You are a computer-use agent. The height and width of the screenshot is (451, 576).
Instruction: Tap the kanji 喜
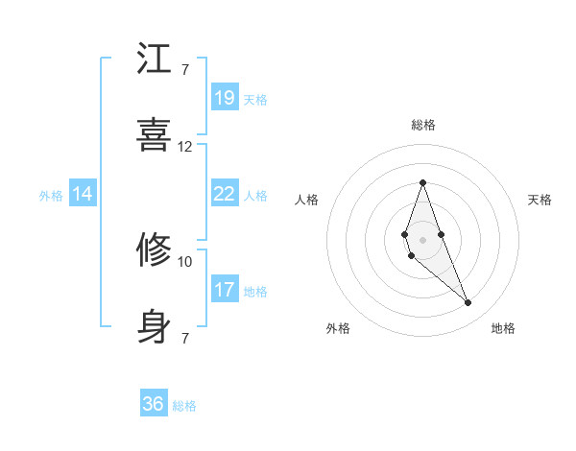click(155, 135)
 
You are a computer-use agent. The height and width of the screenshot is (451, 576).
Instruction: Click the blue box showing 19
click(224, 98)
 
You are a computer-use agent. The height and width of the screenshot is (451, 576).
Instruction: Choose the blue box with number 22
click(224, 194)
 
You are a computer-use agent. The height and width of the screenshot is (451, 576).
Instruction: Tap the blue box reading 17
click(224, 289)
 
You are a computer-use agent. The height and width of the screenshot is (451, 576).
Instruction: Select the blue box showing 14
click(83, 194)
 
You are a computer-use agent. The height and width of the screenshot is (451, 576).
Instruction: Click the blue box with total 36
click(154, 404)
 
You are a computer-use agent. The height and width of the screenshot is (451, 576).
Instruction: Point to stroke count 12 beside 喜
click(185, 147)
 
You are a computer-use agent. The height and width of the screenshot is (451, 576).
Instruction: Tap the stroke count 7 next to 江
click(184, 70)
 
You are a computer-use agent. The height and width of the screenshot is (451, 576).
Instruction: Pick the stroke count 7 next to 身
click(184, 338)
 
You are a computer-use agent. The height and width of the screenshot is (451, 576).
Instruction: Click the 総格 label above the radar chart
click(423, 125)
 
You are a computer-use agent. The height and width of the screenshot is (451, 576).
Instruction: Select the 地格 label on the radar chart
click(503, 328)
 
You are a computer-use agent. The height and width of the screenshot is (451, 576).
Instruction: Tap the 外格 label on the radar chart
click(338, 328)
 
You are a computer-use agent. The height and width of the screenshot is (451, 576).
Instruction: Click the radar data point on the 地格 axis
click(468, 303)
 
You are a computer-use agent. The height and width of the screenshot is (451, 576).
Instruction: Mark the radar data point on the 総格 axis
click(422, 182)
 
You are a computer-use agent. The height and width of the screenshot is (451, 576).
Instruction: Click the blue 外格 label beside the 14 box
click(51, 195)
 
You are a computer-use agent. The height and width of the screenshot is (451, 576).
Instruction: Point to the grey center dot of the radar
click(422, 238)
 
